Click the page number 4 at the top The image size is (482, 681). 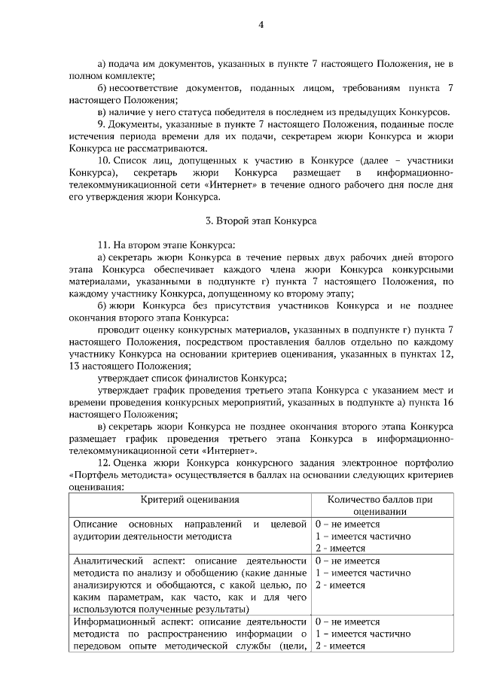261,24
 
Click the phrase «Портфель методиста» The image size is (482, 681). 117,475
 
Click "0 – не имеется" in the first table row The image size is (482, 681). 347,524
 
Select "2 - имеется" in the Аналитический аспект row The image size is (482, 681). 340,585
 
